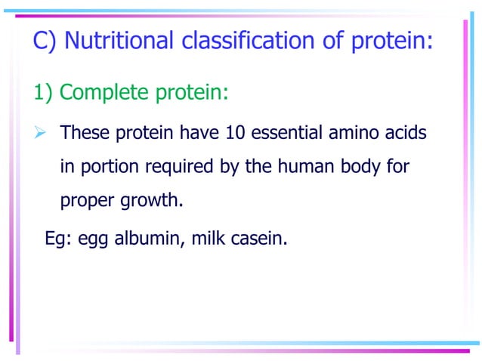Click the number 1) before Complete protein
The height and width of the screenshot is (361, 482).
coord(43,93)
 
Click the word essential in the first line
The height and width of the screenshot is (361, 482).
coord(288,133)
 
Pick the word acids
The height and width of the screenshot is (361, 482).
coord(407,133)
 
